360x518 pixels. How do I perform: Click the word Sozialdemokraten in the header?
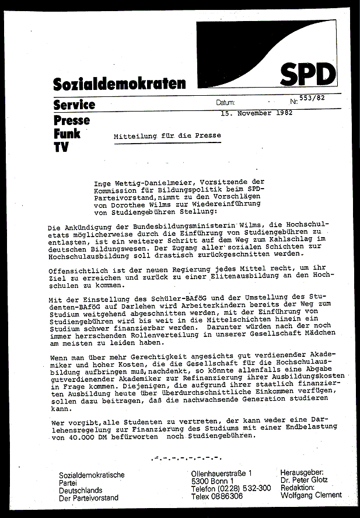tap(120, 84)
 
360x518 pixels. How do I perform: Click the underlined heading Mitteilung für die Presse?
tap(167, 135)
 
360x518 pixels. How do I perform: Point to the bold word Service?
tap(74, 105)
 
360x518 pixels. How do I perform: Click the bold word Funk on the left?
tap(67, 133)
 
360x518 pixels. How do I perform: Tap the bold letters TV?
tap(61, 147)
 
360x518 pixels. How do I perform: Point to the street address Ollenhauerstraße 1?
tap(222, 472)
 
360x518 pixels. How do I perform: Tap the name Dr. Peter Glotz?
tap(305, 480)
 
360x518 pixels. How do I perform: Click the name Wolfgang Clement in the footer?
tap(311, 496)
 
